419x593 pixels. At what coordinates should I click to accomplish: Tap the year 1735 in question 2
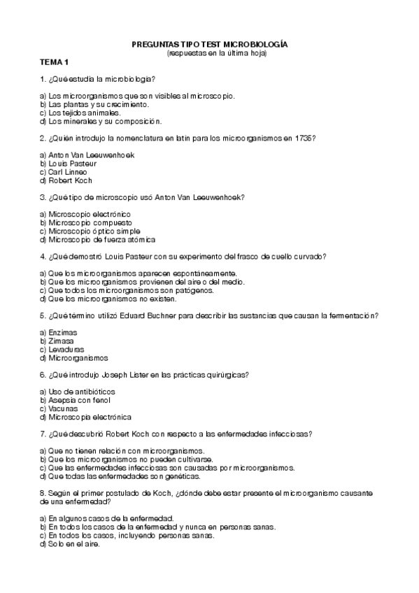pos(306,138)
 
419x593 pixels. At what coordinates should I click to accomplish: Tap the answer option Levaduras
pos(66,349)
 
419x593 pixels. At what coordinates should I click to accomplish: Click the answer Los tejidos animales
pos(85,112)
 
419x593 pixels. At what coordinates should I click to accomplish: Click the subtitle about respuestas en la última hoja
pos(217,52)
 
